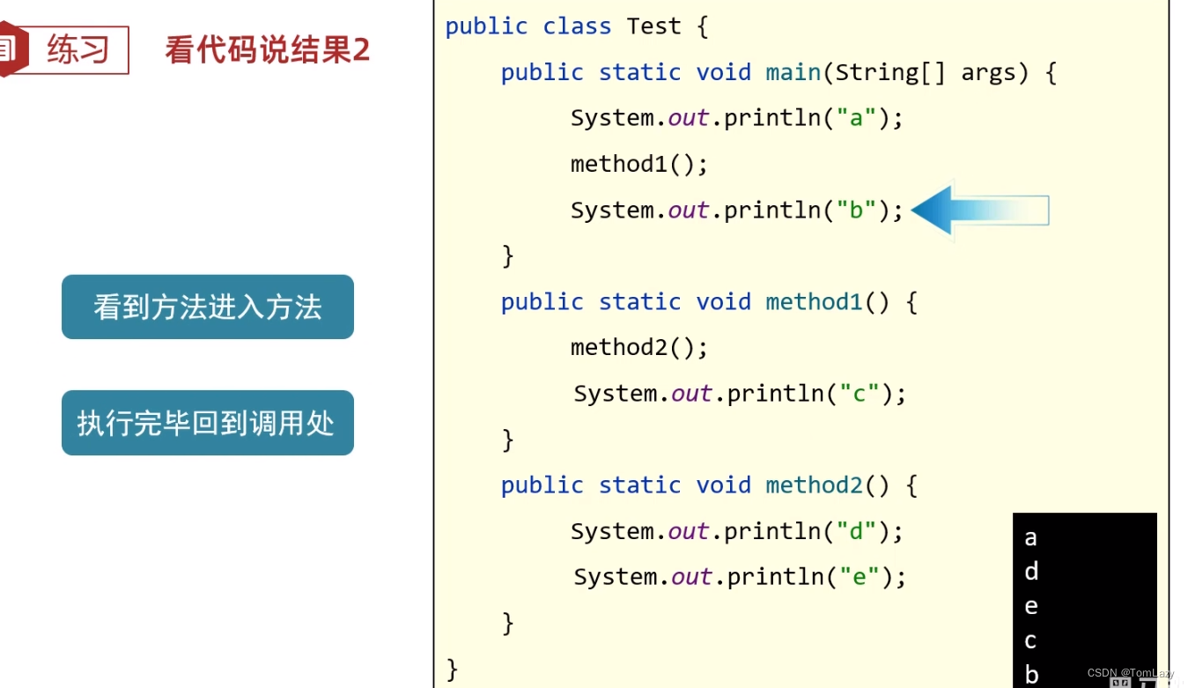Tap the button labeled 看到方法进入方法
(208, 307)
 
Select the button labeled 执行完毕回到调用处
(208, 423)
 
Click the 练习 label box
(77, 50)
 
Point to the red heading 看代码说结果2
(267, 50)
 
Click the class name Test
(653, 26)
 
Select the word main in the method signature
(793, 72)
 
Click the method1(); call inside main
(638, 164)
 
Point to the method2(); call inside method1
(638, 347)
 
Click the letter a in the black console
(1030, 538)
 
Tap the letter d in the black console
(1031, 572)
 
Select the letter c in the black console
(1030, 641)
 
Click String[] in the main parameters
(889, 72)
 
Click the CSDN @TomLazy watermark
(1130, 673)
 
